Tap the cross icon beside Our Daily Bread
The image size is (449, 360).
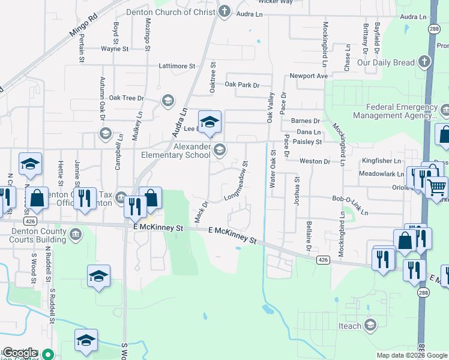pyautogui.click(x=424, y=62)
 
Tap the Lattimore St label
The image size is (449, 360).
pyautogui.click(x=177, y=65)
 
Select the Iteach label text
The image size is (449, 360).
pyautogui.click(x=351, y=326)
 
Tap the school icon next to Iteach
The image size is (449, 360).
pyautogui.click(x=370, y=326)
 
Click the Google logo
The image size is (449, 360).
pyautogui.click(x=20, y=353)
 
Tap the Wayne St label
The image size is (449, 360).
pyautogui.click(x=115, y=49)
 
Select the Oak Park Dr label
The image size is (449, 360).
pyautogui.click(x=242, y=85)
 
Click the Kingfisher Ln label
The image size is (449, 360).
pyautogui.click(x=381, y=161)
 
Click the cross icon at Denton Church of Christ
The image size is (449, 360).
pyautogui.click(x=224, y=11)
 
